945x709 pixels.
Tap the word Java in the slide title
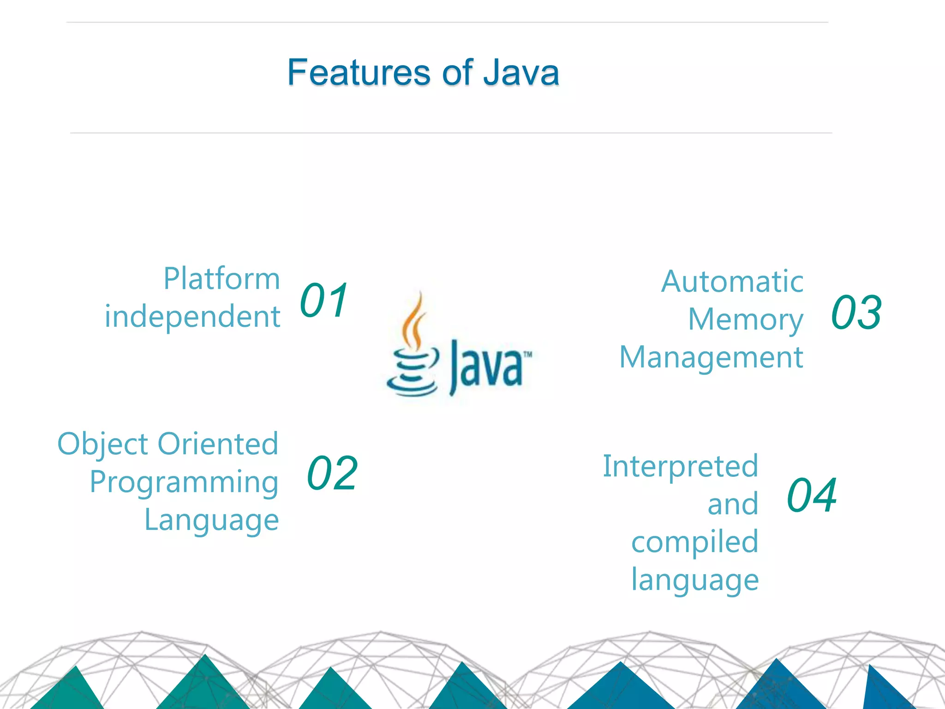(521, 72)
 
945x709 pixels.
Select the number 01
(324, 301)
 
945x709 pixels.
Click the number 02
(332, 473)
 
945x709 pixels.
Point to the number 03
(856, 312)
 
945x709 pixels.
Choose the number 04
(812, 495)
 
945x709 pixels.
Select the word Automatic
(732, 282)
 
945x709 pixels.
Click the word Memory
(746, 319)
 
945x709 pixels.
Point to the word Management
(711, 357)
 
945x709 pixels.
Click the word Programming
(184, 482)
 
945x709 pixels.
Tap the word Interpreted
(681, 466)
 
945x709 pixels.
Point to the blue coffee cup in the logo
(412, 374)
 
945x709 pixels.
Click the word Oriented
(218, 444)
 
